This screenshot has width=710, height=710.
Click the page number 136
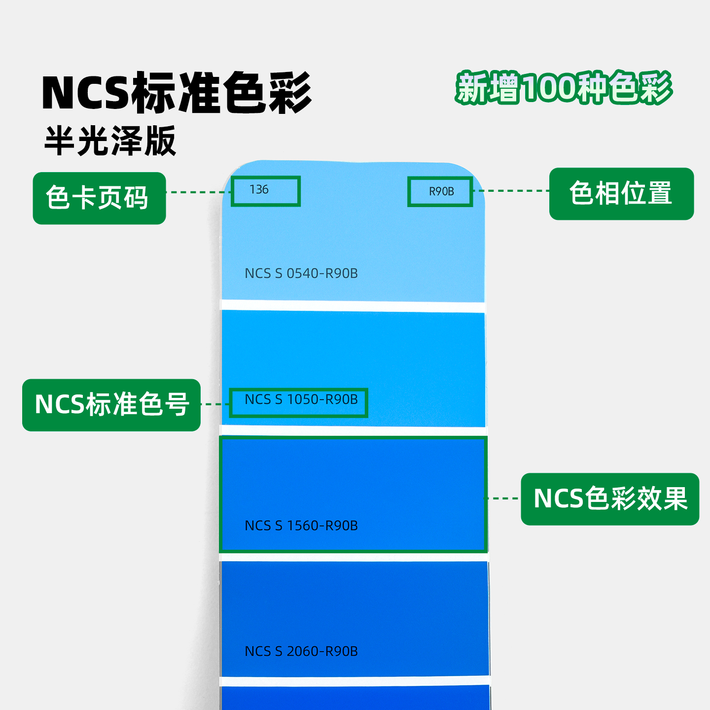[x=259, y=190]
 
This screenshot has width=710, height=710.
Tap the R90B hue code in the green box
[x=441, y=191]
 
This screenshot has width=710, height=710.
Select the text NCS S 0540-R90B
[x=301, y=273]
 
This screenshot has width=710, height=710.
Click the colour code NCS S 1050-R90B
[x=301, y=399]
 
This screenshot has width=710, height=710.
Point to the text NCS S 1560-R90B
[x=301, y=526]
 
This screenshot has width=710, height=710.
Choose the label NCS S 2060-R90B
[x=301, y=651]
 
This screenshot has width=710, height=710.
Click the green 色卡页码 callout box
[x=99, y=198]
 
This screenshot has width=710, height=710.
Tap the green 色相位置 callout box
[x=621, y=194]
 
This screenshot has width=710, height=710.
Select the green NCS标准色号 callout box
[x=111, y=405]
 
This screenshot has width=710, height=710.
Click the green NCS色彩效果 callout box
[x=610, y=499]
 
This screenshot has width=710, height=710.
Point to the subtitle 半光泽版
[x=110, y=141]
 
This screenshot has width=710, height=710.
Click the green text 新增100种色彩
[x=564, y=88]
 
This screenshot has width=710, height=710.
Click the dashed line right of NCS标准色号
[x=215, y=404]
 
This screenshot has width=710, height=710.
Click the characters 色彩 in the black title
[x=267, y=93]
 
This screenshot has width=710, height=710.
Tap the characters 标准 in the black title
[x=175, y=93]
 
